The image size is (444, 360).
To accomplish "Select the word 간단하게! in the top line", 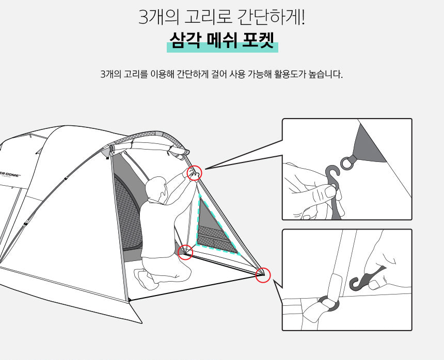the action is [x=271, y=17].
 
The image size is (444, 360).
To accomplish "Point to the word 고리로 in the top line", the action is [x=208, y=17].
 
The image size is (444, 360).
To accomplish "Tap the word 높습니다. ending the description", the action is [x=326, y=74].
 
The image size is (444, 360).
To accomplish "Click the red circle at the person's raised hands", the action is [x=195, y=173].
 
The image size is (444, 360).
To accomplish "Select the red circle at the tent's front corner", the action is [x=263, y=275].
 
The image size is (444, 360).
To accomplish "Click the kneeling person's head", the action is [x=156, y=188].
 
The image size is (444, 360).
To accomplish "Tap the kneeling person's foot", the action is [x=142, y=278].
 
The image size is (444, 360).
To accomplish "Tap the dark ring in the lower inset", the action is [x=328, y=304].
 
